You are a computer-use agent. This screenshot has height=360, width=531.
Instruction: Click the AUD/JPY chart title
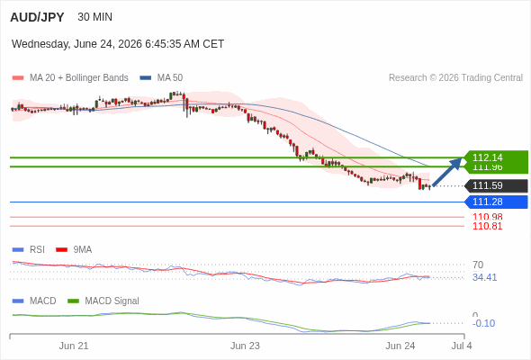click(37, 17)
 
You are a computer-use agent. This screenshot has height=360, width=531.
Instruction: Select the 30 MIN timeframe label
click(94, 17)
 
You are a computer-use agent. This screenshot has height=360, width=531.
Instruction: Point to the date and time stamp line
click(118, 44)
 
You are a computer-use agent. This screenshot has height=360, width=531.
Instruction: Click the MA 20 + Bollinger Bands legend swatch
click(18, 78)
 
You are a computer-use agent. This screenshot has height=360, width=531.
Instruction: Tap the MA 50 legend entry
click(161, 78)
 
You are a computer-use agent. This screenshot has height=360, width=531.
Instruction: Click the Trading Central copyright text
click(455, 78)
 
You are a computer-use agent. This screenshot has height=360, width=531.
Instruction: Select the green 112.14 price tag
click(495, 157)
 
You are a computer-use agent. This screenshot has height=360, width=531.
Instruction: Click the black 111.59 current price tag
click(496, 185)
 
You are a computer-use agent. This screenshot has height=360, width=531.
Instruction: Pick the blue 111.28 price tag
click(496, 202)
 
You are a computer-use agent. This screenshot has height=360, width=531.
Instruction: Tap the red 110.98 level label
click(487, 217)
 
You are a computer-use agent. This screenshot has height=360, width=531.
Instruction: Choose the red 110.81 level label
click(487, 226)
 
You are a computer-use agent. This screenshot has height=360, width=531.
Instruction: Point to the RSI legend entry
click(29, 249)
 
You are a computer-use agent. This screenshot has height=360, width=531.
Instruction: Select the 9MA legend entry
click(74, 249)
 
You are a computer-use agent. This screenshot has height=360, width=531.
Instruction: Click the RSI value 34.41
click(484, 277)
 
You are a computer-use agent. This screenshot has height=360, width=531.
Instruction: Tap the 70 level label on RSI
click(478, 265)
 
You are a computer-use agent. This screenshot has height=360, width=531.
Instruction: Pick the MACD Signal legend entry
click(103, 301)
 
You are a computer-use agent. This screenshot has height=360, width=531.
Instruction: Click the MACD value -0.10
click(483, 323)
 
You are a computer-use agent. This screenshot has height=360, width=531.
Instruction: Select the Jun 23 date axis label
click(245, 346)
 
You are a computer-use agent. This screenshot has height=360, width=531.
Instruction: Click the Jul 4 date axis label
click(462, 346)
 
